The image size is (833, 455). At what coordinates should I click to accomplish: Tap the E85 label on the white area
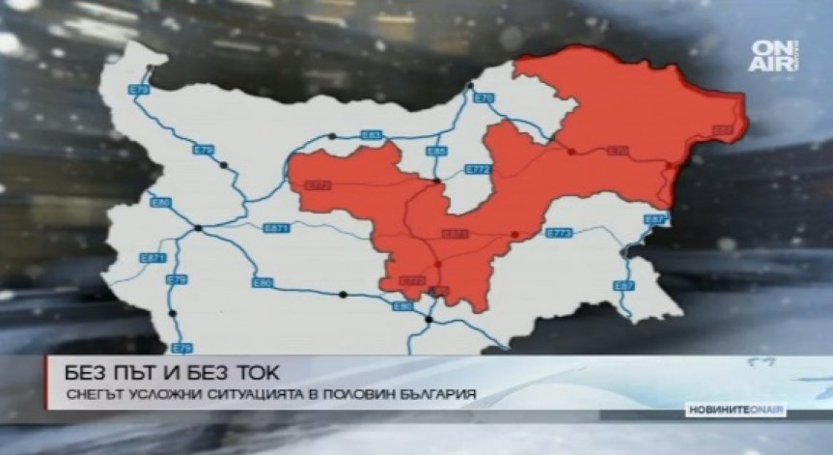[436, 152]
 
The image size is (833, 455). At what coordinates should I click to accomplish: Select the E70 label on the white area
[485, 98]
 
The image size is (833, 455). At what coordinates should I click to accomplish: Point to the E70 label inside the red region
[618, 151]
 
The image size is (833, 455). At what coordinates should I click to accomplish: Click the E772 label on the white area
[479, 169]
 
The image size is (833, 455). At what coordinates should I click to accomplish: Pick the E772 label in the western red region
[318, 184]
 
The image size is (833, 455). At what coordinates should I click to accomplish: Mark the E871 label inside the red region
[454, 234]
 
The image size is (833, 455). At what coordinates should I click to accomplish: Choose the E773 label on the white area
[560, 233]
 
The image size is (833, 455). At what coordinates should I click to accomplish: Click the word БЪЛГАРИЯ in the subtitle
[436, 393]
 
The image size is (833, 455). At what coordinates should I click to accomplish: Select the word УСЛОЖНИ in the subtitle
[158, 393]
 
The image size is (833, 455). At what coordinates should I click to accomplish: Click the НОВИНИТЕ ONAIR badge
[736, 411]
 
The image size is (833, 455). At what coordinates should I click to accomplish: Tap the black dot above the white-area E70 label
[470, 86]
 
